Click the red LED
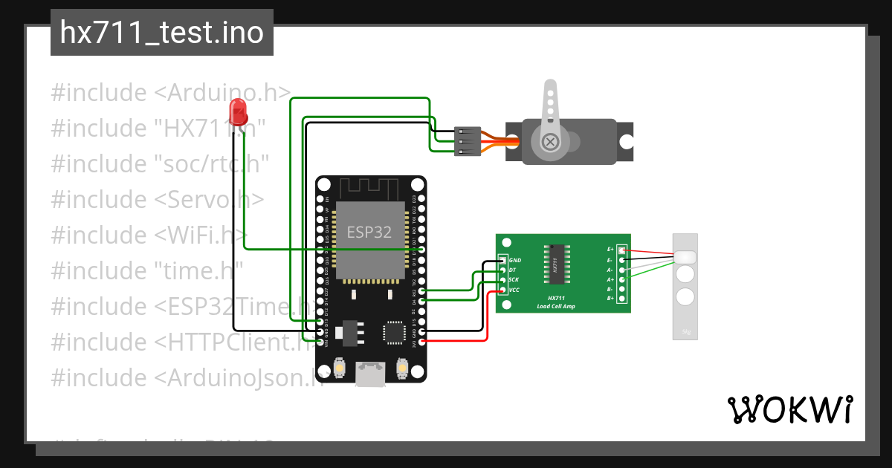click(x=239, y=111)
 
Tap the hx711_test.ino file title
click(x=161, y=33)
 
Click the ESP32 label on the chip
click(x=369, y=232)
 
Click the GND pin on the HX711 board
click(x=503, y=261)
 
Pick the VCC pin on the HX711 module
click(x=503, y=290)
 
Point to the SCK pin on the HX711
click(x=503, y=280)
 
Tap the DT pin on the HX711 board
click(x=503, y=270)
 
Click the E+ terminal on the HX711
click(x=622, y=250)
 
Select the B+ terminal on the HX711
click(x=622, y=299)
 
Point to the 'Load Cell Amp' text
click(x=555, y=306)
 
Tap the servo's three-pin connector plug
click(x=466, y=140)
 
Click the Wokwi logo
click(x=789, y=409)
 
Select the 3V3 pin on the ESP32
click(x=422, y=341)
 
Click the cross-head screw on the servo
click(x=550, y=141)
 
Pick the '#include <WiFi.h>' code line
click(x=149, y=235)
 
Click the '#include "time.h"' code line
click(x=147, y=271)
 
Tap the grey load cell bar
click(x=685, y=287)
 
